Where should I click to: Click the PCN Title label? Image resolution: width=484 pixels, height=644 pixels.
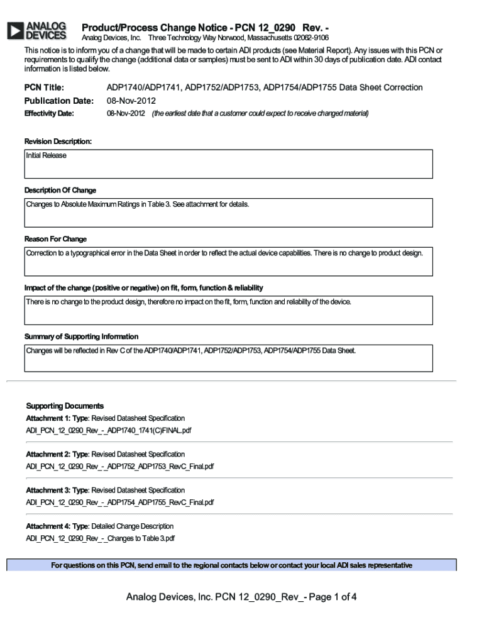tap(44, 87)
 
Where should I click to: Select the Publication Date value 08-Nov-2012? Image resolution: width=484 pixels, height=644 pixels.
tap(131, 101)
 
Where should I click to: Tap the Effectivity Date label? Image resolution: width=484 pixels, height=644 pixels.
tap(49, 114)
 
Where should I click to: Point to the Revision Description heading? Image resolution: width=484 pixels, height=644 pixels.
tap(58, 142)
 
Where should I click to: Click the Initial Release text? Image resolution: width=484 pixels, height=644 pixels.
tap(46, 155)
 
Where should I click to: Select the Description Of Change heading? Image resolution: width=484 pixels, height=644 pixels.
tap(60, 190)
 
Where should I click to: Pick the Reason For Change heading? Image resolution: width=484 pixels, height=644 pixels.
tap(55, 239)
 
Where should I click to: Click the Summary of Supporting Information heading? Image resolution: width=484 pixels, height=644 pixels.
tap(81, 336)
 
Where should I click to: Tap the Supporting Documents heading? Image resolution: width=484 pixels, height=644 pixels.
tap(65, 406)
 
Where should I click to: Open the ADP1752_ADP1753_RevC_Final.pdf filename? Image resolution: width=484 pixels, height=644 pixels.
tap(119, 467)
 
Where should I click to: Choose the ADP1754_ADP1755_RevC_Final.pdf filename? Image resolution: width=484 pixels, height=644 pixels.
tap(119, 502)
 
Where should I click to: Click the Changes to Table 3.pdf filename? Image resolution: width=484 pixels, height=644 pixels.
tap(100, 538)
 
